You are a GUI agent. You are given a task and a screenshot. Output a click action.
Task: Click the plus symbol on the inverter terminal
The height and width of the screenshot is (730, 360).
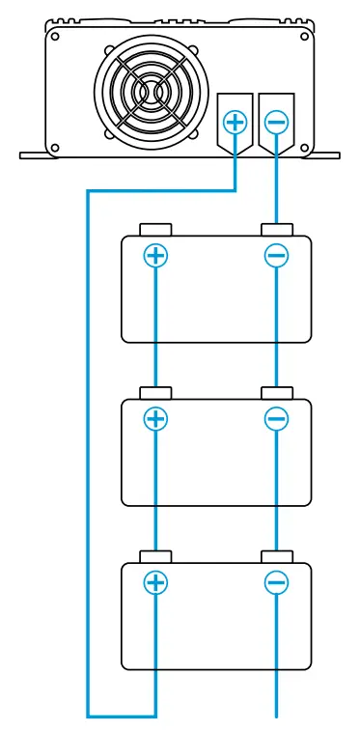coord(235,122)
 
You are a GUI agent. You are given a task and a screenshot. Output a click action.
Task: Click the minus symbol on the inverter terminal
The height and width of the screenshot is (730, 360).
coord(276,122)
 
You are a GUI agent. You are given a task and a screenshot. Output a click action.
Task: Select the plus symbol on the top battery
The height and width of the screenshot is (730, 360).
coord(155,255)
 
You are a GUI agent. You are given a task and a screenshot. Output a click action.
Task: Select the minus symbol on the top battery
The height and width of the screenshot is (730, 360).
coord(276,255)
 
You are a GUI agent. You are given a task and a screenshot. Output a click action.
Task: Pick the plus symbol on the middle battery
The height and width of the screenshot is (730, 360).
coord(155,419)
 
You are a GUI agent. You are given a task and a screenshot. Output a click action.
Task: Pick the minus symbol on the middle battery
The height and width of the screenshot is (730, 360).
coord(276,419)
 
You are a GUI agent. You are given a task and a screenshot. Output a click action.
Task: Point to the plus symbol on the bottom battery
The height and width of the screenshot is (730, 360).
coord(155,582)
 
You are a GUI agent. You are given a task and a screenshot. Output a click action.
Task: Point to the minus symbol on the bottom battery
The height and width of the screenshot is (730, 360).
coord(276,582)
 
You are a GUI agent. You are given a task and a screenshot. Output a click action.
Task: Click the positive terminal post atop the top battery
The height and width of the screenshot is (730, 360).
coord(155,231)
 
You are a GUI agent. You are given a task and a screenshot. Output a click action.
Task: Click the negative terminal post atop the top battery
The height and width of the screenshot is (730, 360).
coord(276,231)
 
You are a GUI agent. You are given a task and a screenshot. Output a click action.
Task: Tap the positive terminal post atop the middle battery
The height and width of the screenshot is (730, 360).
coord(155,394)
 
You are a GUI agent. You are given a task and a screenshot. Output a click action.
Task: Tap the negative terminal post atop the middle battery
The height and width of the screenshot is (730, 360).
coord(276,394)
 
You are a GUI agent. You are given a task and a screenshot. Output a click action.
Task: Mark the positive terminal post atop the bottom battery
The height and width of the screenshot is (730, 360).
coord(155,558)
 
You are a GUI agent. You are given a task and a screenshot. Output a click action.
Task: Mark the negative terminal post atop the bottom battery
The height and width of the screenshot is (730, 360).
coord(276,558)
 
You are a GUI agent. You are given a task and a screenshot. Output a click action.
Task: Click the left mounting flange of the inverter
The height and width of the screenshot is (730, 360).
coord(34,153)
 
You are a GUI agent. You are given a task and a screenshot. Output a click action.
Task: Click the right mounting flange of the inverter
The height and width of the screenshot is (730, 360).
coord(325,153)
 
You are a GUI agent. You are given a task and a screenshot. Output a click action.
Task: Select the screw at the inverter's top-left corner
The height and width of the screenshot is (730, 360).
coord(55,38)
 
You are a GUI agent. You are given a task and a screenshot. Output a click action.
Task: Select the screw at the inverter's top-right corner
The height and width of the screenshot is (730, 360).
coord(306,38)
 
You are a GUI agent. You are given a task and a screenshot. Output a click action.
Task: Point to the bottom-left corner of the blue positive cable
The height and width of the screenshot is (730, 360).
coord(89,716)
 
